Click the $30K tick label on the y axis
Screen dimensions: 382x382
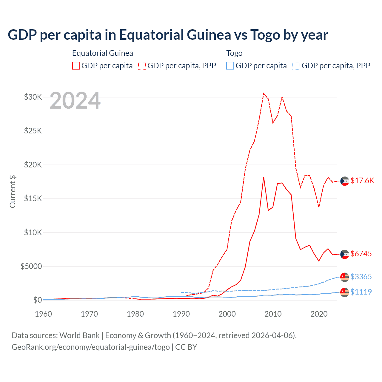[33, 97]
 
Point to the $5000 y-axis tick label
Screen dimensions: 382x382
[31, 266]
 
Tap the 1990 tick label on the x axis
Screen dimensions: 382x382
[181, 314]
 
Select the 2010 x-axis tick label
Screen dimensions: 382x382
[273, 314]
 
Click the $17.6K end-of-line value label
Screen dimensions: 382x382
[362, 181]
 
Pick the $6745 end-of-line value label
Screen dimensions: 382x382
[361, 254]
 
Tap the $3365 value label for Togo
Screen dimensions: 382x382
[361, 277]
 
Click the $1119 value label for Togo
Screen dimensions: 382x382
[361, 292]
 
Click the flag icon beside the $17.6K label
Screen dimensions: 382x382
[345, 181]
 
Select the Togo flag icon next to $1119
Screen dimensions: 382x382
[345, 292]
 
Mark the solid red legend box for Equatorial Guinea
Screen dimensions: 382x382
[76, 66]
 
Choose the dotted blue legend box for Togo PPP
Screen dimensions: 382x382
[296, 66]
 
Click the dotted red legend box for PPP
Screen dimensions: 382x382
[142, 66]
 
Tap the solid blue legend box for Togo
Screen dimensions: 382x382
[230, 66]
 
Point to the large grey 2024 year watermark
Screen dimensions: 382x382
[75, 101]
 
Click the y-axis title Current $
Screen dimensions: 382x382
[13, 192]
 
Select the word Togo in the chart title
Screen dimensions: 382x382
[265, 35]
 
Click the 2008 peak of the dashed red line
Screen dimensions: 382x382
[264, 93]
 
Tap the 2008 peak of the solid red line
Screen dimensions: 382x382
[264, 177]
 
